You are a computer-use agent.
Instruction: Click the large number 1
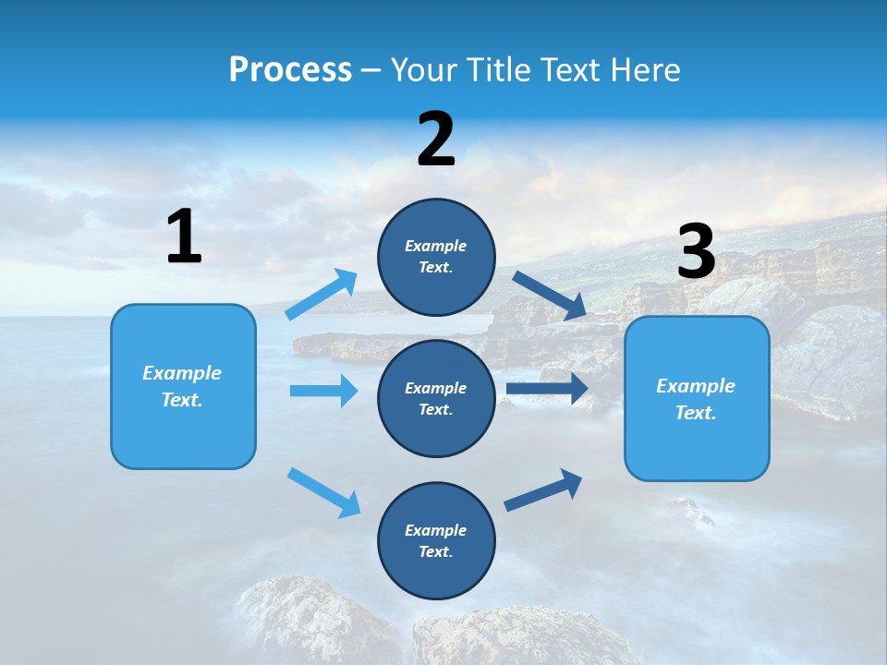pos(184,236)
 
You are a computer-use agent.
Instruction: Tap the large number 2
pos(436,139)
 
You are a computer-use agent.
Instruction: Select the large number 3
pos(697,251)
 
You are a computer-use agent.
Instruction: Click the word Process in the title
pos(290,69)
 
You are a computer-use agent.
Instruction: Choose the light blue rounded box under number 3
pos(697,443)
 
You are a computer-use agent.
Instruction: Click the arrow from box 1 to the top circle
pos(322,295)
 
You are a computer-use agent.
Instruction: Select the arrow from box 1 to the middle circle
pos(323,391)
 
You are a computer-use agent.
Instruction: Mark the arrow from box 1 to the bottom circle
pos(323,492)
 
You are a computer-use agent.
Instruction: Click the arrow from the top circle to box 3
pos(550,296)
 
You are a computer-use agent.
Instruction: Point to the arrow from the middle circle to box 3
pos(547,389)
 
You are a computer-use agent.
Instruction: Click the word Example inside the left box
pos(182,373)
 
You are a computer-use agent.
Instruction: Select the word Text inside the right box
pos(695,413)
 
